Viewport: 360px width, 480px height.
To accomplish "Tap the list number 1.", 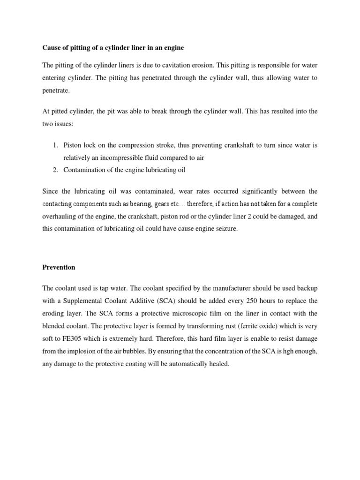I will coord(54,145).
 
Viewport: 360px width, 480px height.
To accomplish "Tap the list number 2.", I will coord(54,170).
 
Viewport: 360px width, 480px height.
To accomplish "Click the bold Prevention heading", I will coord(59,267).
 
